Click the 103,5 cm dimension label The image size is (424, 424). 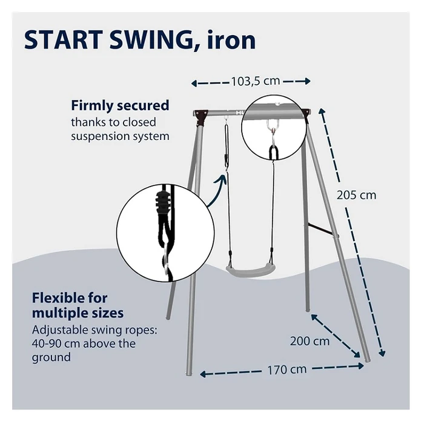(256, 81)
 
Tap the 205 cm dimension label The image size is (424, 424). (356, 195)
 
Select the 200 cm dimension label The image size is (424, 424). (310, 341)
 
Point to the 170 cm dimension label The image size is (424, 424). (287, 369)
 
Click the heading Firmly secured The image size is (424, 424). (120, 105)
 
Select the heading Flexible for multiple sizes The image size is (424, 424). (78, 305)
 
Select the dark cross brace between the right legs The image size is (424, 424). (322, 230)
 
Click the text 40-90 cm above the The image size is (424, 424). (84, 343)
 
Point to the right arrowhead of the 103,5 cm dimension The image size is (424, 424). (308, 81)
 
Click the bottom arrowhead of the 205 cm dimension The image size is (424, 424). (383, 353)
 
